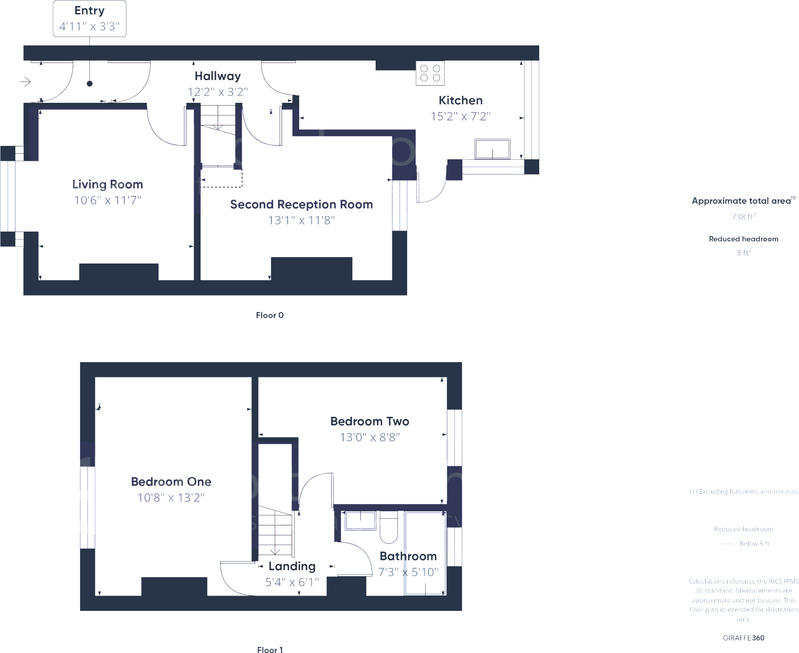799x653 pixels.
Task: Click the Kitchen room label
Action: coord(460,100)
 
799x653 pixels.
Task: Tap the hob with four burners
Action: coord(430,74)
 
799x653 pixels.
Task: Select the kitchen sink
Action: coord(492,149)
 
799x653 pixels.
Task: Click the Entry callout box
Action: coord(89,19)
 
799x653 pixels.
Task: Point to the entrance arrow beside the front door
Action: coord(25,82)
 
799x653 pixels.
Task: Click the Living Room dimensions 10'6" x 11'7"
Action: coord(107,201)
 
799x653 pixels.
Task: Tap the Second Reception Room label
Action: coord(301,204)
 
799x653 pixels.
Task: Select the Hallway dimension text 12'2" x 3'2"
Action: coord(218,92)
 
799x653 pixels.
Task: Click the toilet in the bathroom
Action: coord(389,528)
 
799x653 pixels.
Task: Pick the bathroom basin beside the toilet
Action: coord(360,521)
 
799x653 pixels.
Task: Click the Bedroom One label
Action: coord(171,482)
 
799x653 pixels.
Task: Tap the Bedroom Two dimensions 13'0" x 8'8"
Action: coord(370,438)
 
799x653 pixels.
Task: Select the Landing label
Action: coord(292,566)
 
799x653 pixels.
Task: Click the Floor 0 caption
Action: coord(270,315)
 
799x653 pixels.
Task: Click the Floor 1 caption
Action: coord(270,650)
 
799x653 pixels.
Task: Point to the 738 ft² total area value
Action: coord(743,217)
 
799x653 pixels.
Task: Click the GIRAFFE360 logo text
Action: coord(743,638)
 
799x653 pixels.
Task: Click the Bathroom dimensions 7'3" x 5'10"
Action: coord(408,572)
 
